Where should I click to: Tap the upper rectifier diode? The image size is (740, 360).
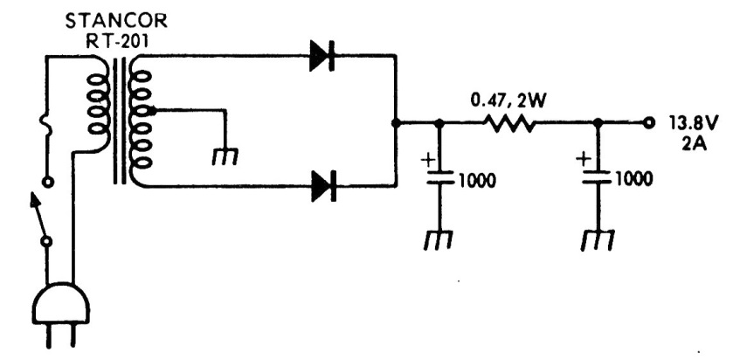tap(322, 57)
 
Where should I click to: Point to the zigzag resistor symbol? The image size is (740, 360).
tap(511, 123)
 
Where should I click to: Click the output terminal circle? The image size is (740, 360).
tap(647, 122)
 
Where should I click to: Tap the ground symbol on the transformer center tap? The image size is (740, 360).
tap(225, 156)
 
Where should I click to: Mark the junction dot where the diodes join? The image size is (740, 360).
tap(396, 123)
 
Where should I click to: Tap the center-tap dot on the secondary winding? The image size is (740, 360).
tap(154, 111)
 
